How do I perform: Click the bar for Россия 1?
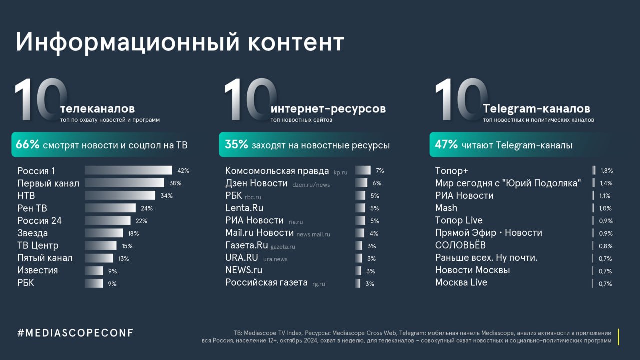128,170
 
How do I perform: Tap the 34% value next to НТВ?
166,196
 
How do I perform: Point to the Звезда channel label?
33,233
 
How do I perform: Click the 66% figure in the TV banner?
27,145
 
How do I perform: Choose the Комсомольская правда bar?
363,171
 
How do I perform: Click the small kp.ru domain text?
340,172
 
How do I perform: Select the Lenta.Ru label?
244,208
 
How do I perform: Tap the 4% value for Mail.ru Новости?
374,233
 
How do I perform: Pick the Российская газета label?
266,283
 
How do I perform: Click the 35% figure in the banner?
236,145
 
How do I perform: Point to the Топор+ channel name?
452,171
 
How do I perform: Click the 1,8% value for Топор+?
606,171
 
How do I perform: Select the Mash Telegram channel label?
446,208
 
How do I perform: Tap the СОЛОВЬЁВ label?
460,245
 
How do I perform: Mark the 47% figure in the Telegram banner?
446,145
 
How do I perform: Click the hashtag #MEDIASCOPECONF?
75,333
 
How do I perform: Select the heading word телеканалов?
97,108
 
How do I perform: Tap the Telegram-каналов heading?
536,108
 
